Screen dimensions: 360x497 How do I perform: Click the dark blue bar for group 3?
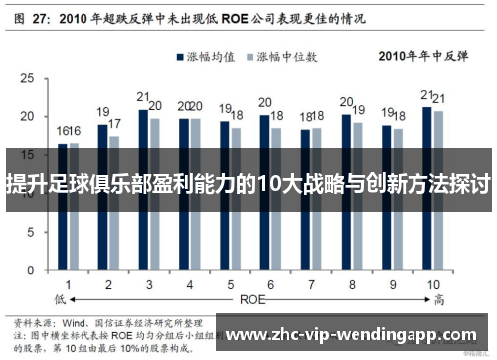tap(143, 189)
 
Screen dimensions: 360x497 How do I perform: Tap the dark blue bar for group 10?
tap(426, 189)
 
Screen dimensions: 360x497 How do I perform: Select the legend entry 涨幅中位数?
tap(294, 59)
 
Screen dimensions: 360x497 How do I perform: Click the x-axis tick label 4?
tap(189, 283)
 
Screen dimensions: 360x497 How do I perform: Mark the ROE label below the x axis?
tap(249, 297)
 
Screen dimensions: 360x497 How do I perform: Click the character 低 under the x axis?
tap(61, 297)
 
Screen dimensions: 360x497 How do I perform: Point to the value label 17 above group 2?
tap(115, 124)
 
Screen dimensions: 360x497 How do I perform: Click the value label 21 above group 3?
tap(143, 98)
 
